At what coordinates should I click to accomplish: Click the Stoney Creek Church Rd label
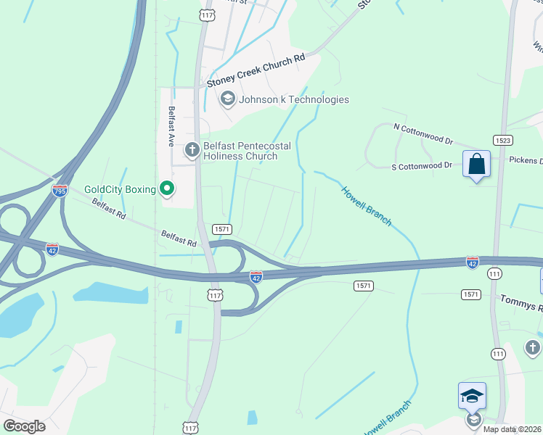256,72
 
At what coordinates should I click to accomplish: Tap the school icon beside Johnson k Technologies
228,99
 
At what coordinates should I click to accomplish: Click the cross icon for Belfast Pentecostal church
192,151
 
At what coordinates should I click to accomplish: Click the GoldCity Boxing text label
120,190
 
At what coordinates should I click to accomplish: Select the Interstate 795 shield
60,191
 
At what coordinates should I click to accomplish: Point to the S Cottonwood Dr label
422,166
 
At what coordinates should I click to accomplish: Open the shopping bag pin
477,165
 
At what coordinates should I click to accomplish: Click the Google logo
24,426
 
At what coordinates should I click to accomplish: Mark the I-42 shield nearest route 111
473,262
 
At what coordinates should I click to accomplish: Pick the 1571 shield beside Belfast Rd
222,229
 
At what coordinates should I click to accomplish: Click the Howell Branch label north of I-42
367,205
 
